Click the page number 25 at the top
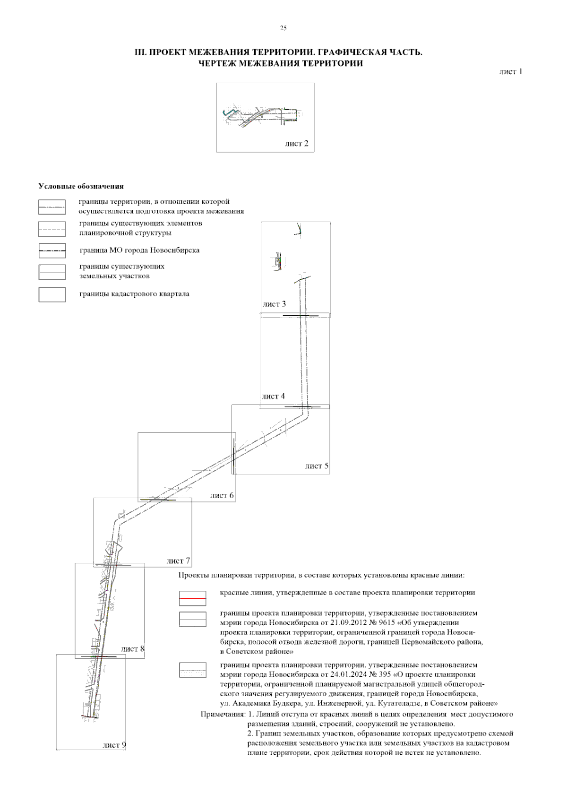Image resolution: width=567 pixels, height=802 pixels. [283, 28]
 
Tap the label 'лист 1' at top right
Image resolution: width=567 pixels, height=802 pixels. [510, 72]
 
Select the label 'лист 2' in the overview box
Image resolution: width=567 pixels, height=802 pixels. [296, 144]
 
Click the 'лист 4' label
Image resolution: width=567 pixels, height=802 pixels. [273, 396]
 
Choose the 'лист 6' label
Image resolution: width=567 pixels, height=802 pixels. [222, 495]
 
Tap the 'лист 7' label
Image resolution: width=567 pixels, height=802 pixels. [178, 561]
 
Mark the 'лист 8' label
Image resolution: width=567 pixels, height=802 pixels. [132, 649]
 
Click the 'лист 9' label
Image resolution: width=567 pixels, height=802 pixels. [114, 745]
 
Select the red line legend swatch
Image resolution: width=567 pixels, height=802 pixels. [192, 598]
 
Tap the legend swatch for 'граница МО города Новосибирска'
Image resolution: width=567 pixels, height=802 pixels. [52, 250]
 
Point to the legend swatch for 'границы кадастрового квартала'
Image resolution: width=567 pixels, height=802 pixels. [52, 294]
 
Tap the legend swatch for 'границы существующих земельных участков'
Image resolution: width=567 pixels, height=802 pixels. [52, 272]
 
